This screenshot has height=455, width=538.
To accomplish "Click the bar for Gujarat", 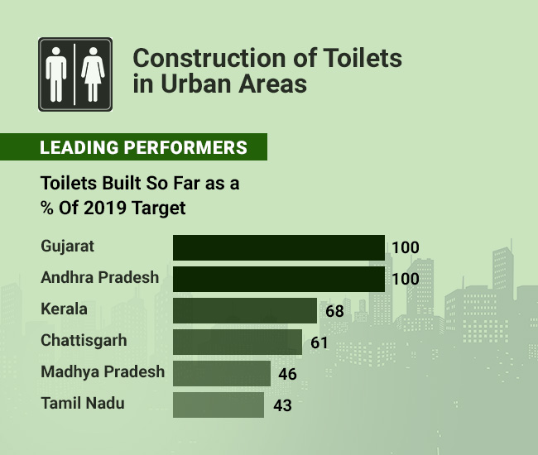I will (278, 247).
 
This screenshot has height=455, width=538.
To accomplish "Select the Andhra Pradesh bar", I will (278, 279).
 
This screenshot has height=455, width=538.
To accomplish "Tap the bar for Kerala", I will (244, 310).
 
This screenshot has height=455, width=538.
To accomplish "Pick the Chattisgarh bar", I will (237, 342).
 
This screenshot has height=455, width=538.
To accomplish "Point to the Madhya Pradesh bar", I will (221, 373).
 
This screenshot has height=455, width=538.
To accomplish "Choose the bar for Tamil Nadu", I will (218, 405).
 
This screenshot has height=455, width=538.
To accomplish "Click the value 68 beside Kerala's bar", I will (334, 312).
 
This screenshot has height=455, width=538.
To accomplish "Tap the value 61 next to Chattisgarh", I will (319, 343).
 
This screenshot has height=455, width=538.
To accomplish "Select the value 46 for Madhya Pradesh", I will (287, 375).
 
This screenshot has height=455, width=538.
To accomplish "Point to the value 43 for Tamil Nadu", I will (281, 406).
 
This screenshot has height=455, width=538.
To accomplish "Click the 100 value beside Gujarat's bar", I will (406, 248).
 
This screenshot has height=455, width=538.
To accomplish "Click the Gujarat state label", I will (68, 247).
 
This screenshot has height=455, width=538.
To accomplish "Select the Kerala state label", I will (64, 309).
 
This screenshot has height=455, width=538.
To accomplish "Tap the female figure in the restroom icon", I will (91, 74).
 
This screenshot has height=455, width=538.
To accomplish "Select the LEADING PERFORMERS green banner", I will (133, 148).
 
